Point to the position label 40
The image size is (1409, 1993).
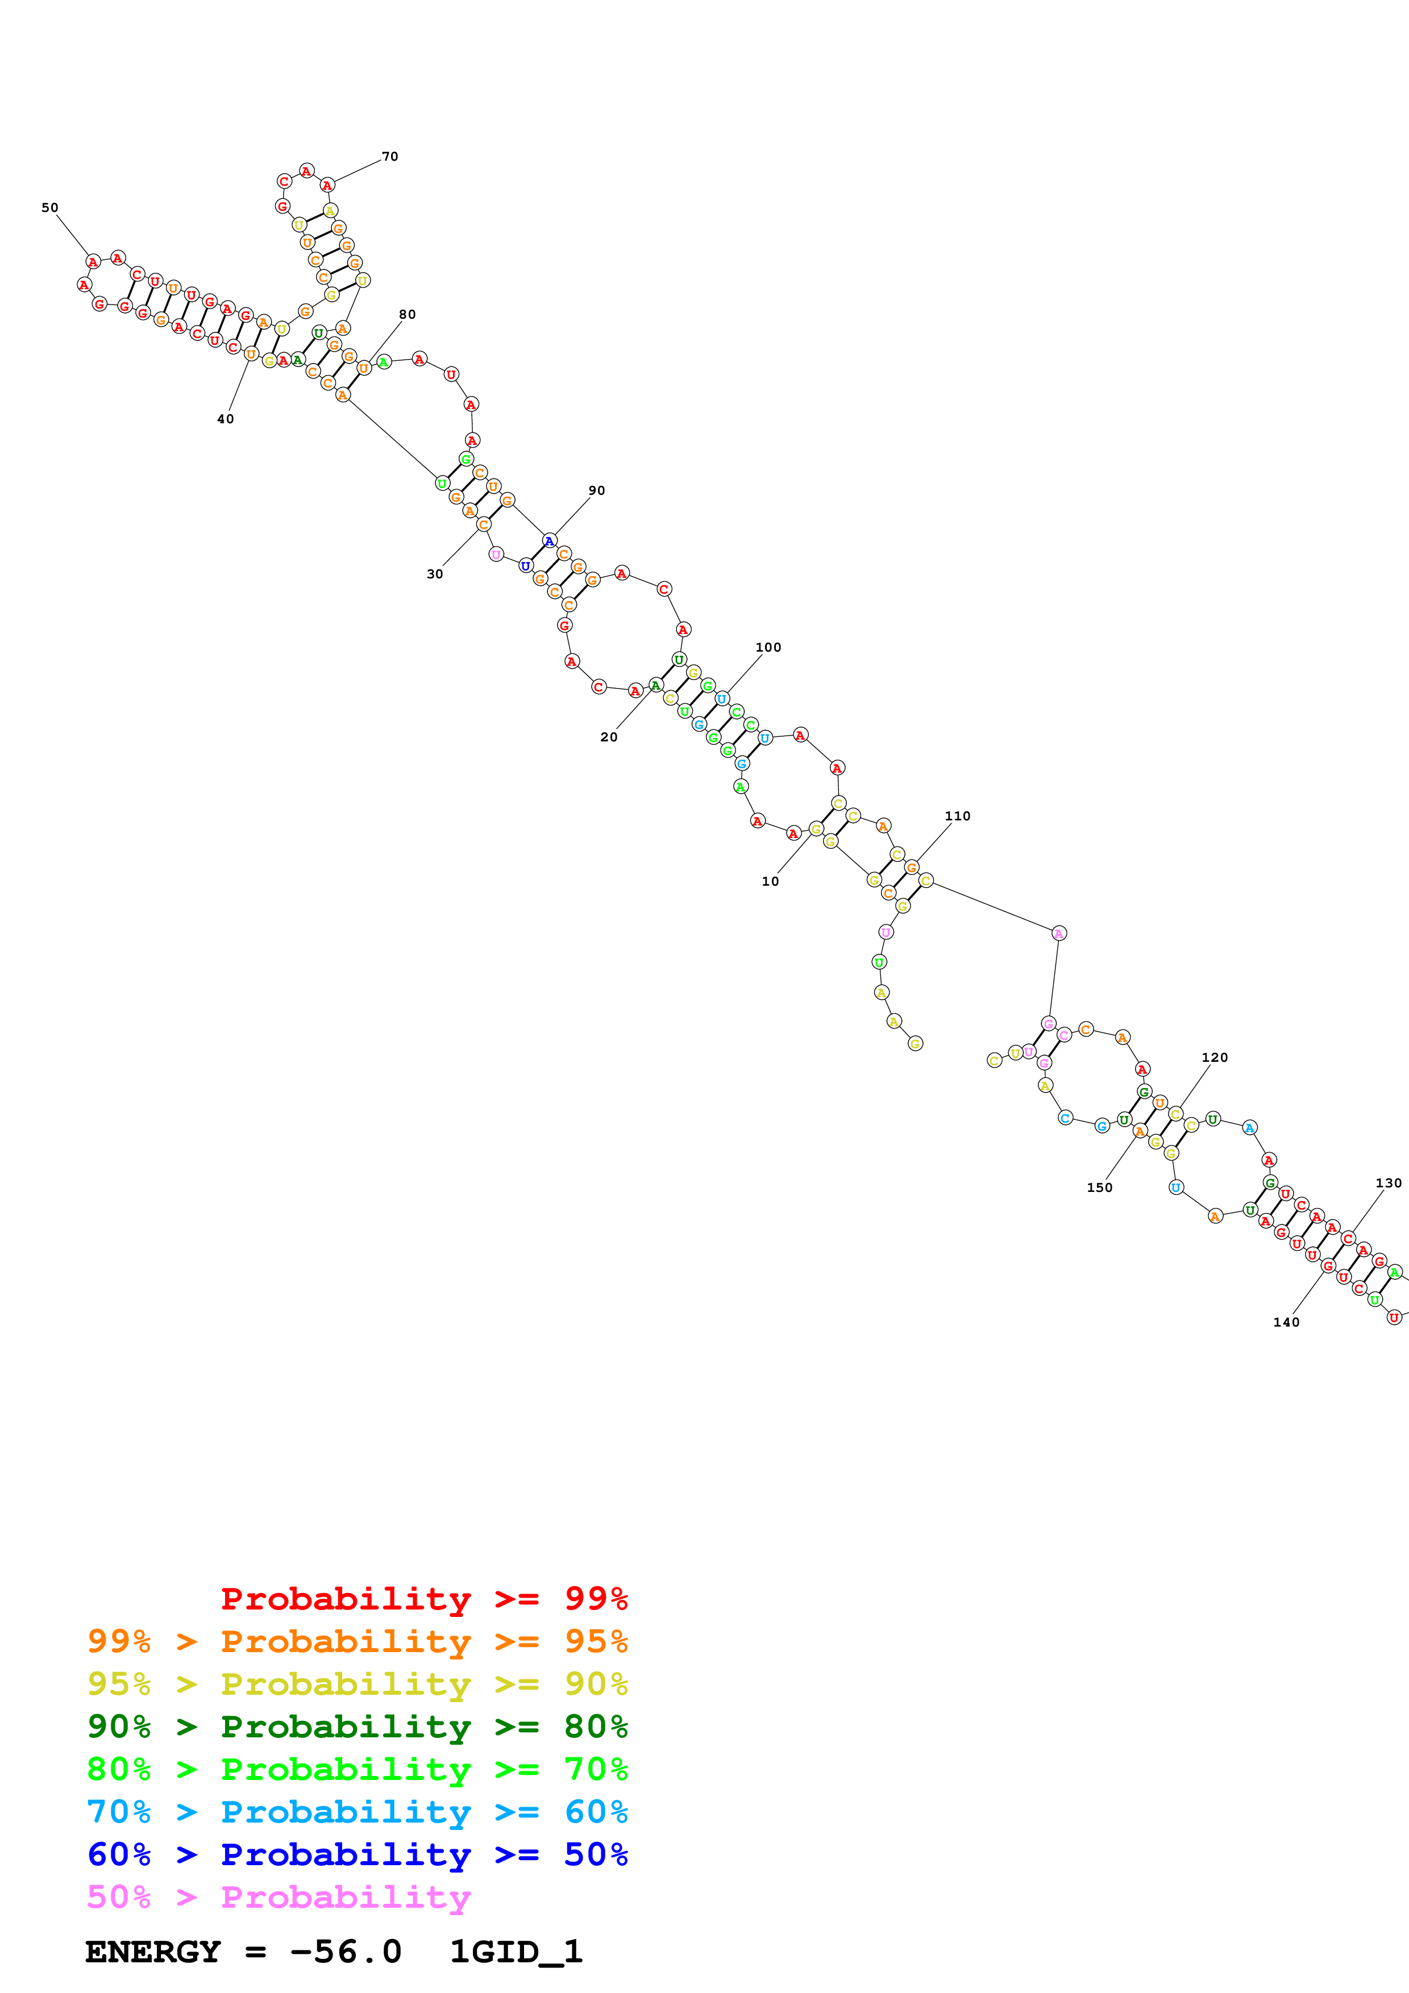[226, 419]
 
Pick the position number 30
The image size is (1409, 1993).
[435, 574]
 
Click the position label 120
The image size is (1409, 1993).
[1215, 1058]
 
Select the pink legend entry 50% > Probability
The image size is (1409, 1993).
[279, 1898]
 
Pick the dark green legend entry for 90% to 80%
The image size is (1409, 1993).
[358, 1727]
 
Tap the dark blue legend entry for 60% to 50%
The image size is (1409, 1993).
[358, 1855]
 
